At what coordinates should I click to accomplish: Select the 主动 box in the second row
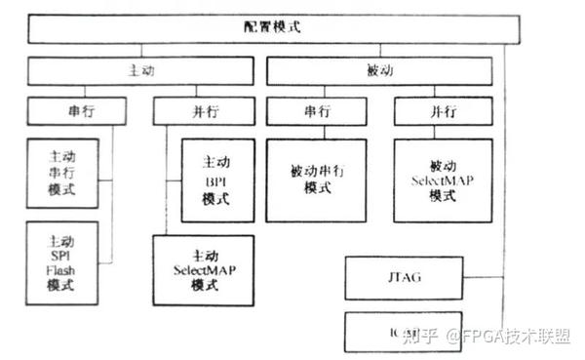pos(140,71)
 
